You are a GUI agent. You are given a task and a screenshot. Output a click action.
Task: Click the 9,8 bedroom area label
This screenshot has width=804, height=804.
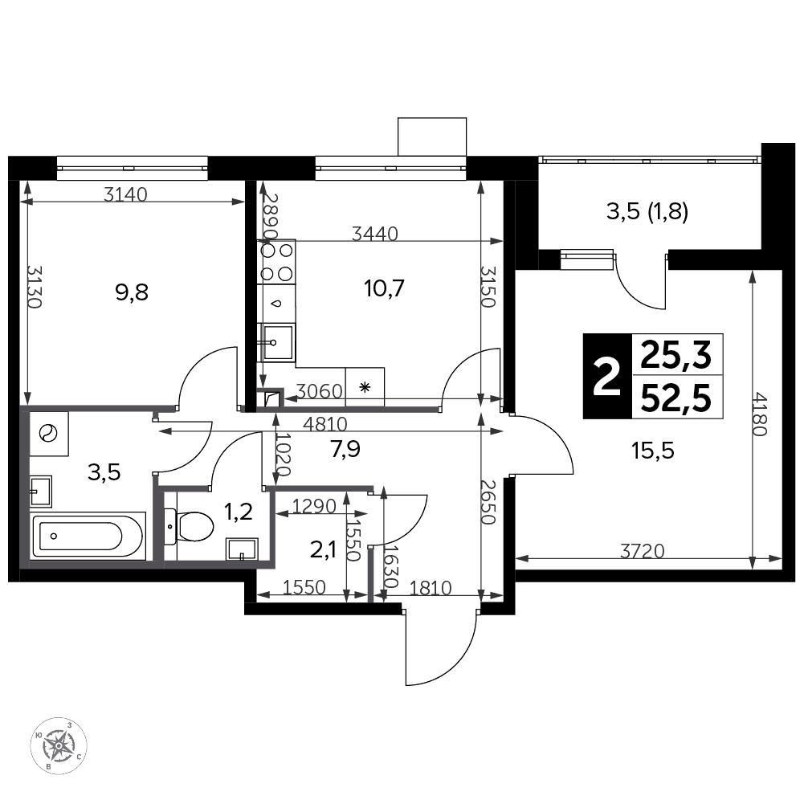click(x=132, y=292)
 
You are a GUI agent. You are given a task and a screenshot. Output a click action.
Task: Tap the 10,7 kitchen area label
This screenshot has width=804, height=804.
click(x=384, y=288)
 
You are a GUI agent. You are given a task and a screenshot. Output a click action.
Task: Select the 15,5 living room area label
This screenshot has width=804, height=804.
click(x=653, y=451)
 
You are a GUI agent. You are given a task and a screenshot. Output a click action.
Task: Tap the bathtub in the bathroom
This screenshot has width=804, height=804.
click(x=88, y=537)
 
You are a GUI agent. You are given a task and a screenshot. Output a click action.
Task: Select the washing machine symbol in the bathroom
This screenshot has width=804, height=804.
click(x=49, y=433)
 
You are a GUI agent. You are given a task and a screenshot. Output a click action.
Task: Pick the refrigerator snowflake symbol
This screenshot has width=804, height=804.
click(x=365, y=387)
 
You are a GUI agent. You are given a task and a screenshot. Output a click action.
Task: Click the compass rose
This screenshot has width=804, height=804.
click(x=59, y=745)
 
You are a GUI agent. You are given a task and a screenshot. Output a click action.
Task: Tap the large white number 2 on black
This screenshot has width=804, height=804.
click(x=607, y=377)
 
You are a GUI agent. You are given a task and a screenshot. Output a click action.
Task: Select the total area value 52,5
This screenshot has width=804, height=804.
click(x=676, y=398)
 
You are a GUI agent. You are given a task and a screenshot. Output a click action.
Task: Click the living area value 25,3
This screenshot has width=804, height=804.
click(x=676, y=355)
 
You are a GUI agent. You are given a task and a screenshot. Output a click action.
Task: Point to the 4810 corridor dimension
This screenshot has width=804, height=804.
click(x=325, y=424)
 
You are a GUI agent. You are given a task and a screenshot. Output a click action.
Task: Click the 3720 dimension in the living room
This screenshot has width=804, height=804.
click(x=642, y=551)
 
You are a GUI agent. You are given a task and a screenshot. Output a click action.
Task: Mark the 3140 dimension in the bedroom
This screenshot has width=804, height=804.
click(x=125, y=194)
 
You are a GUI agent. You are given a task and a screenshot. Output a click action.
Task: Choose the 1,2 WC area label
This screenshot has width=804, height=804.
click(x=239, y=511)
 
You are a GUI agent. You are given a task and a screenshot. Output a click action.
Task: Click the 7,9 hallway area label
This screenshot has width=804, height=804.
click(x=345, y=449)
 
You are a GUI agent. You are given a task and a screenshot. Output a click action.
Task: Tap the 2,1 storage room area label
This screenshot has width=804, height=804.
click(x=323, y=549)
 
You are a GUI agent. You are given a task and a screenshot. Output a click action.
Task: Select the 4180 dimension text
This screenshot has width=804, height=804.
click(x=759, y=414)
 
